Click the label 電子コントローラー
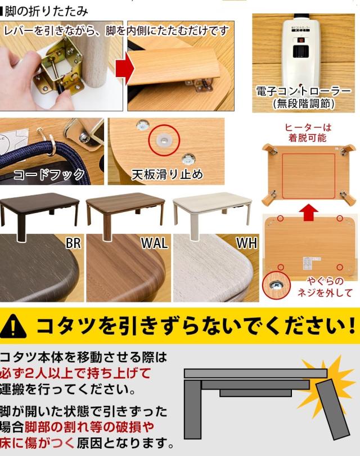303,91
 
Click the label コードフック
49,174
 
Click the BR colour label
73,244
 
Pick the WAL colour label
154,244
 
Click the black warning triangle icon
17,326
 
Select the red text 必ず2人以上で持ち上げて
75,373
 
